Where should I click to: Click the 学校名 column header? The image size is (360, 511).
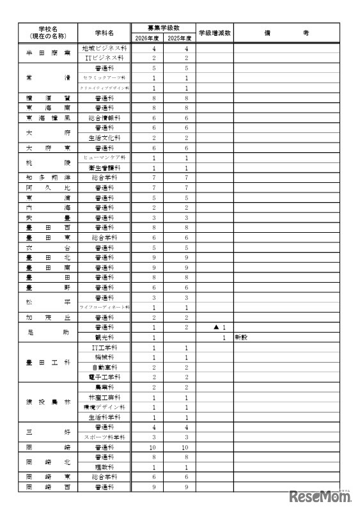(x=48, y=33)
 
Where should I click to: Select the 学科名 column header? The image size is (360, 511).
(x=104, y=33)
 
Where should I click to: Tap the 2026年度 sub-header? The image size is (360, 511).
(x=147, y=38)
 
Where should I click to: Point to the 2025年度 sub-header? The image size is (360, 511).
(x=179, y=38)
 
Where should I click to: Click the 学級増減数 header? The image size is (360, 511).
(x=214, y=33)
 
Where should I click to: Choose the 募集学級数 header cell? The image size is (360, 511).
(x=163, y=28)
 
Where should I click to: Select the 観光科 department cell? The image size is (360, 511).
(x=104, y=337)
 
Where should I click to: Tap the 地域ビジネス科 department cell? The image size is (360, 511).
(x=104, y=49)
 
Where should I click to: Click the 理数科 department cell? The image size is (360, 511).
(x=104, y=467)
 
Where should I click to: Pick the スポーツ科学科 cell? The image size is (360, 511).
(x=104, y=437)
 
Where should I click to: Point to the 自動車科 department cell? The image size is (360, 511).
(x=104, y=367)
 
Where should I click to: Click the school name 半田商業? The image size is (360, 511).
(x=48, y=53)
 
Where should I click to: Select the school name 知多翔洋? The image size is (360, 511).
(x=48, y=177)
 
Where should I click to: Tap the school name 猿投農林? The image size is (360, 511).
(x=48, y=402)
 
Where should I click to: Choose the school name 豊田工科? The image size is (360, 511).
(x=48, y=362)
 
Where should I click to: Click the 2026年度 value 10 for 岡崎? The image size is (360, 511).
(x=154, y=447)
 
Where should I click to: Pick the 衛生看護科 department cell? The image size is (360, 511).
(x=104, y=168)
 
